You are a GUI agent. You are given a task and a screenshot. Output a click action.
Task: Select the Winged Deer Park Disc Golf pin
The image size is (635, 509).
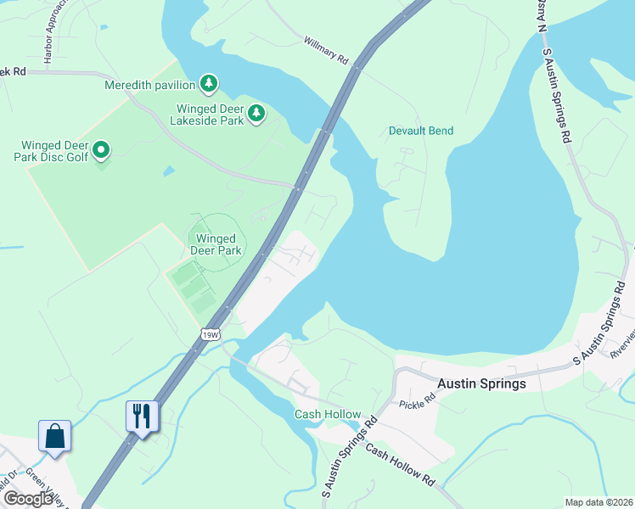click(x=101, y=151)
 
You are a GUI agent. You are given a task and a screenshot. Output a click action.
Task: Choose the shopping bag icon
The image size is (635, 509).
click(x=54, y=436)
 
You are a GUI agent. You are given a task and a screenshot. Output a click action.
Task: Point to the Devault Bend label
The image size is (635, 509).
click(x=421, y=131)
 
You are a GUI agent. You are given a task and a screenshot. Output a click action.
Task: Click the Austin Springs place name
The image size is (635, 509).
click(x=481, y=383)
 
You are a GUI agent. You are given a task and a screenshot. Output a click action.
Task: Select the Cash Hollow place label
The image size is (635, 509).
click(x=323, y=414)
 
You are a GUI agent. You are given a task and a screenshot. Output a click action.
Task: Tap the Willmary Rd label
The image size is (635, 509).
click(x=326, y=51)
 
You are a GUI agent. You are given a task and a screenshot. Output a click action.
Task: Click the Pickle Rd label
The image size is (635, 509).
click(x=416, y=406)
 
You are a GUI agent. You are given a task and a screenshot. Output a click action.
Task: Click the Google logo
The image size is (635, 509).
click(x=29, y=498)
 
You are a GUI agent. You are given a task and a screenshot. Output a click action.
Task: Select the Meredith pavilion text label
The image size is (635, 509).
click(x=150, y=85)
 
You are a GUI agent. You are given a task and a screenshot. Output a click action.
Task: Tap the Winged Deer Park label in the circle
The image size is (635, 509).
click(x=216, y=244)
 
